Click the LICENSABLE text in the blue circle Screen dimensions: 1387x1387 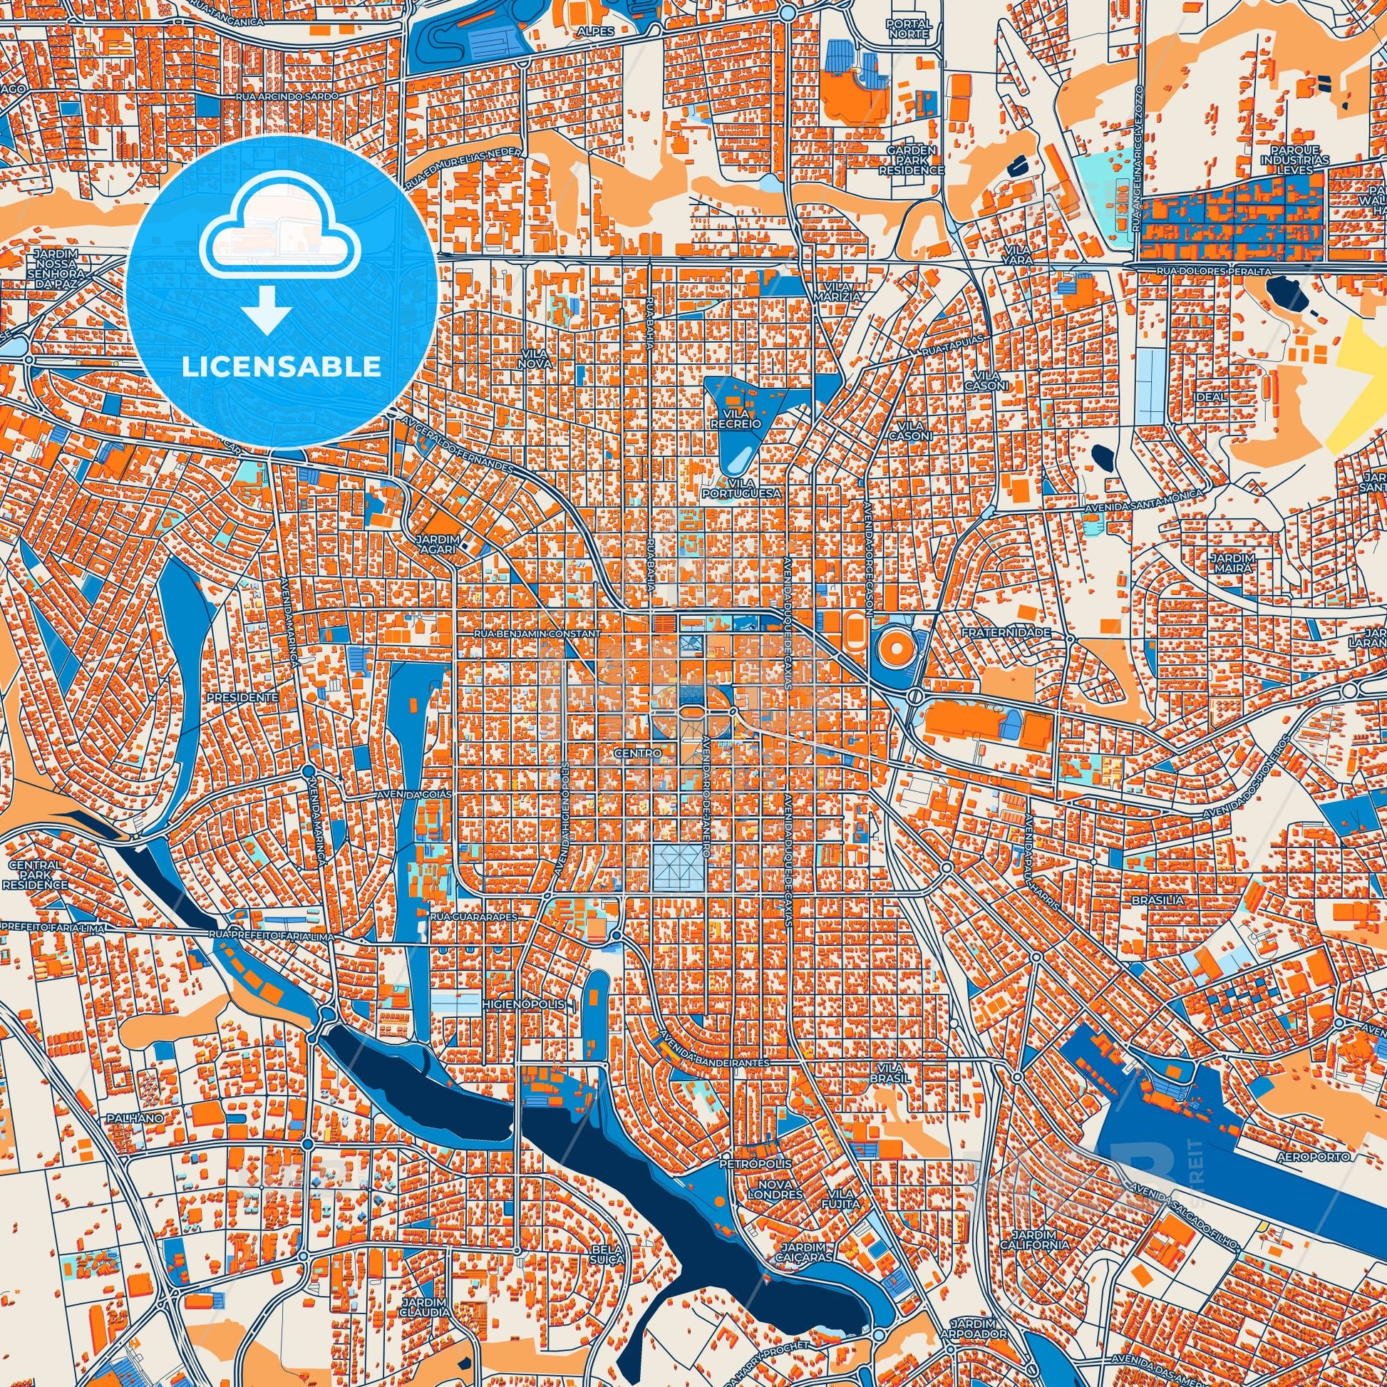click(x=281, y=367)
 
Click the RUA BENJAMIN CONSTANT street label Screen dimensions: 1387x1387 click(x=536, y=634)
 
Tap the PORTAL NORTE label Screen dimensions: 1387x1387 click(x=909, y=29)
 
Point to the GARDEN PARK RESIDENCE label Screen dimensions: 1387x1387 click(x=911, y=160)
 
